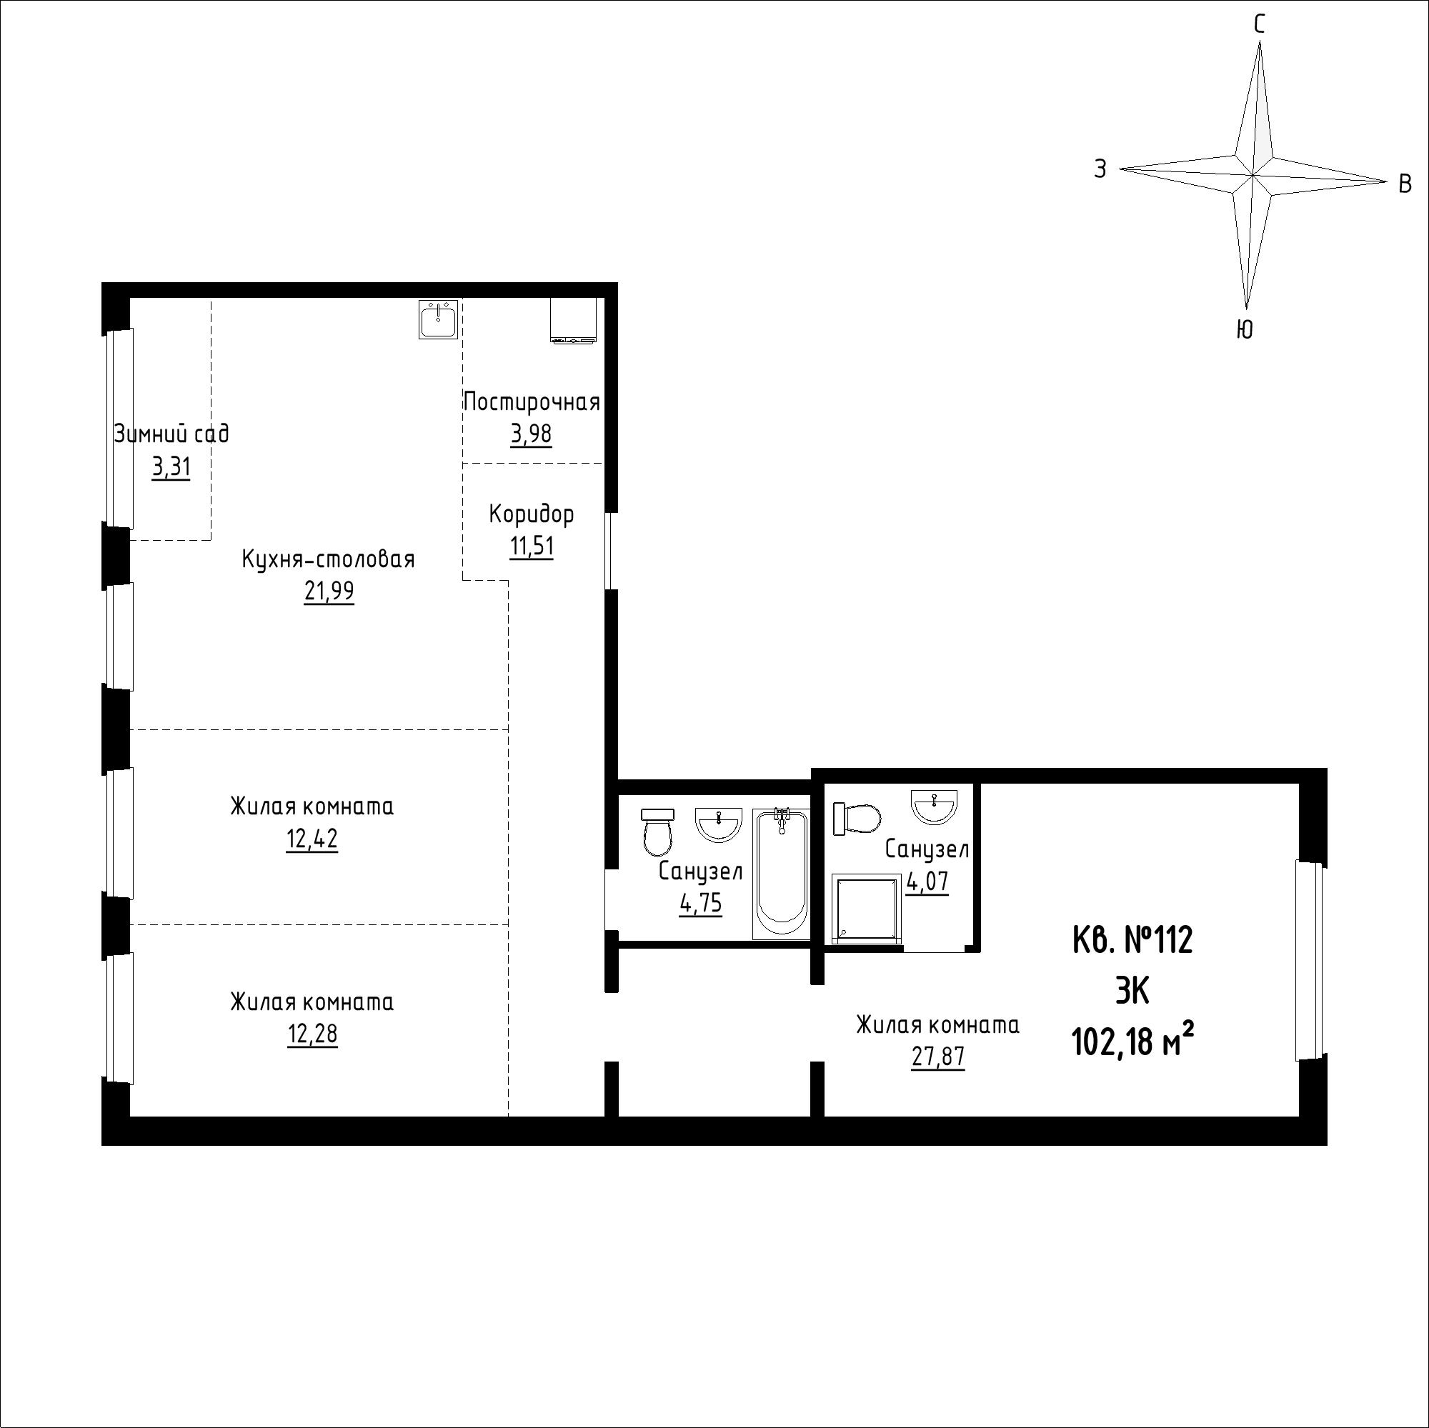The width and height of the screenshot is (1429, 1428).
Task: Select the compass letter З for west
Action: [1100, 169]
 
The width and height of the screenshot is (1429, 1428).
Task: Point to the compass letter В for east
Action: [1405, 184]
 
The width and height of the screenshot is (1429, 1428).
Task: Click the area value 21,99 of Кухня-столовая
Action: [329, 591]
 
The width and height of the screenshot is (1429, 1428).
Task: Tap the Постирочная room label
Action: [531, 402]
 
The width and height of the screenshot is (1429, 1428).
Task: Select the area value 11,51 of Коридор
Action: [531, 546]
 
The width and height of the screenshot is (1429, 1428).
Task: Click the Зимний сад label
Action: [171, 434]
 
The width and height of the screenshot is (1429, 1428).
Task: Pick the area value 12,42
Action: [312, 839]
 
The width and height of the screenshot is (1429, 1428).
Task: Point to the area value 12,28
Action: [312, 1034]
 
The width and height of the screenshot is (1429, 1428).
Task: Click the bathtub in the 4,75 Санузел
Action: [781, 874]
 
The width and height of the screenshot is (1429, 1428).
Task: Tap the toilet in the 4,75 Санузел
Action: [657, 831]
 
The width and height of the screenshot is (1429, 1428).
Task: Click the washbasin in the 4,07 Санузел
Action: [935, 804]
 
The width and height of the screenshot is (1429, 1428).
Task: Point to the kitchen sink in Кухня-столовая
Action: [439, 319]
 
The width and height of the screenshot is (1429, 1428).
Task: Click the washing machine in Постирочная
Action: [573, 320]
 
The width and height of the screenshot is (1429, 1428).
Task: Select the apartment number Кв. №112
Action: [1132, 941]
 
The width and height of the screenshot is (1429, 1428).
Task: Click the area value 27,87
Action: [938, 1057]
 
